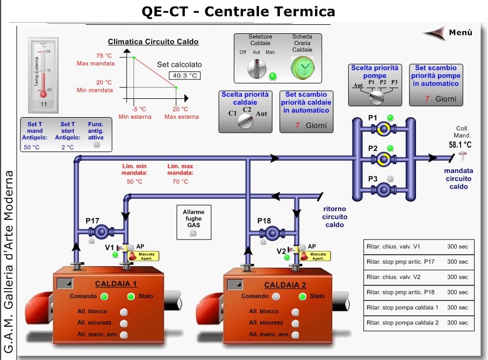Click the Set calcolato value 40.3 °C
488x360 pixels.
coord(184,75)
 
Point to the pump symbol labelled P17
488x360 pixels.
coord(100,232)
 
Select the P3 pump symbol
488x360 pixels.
coord(384,189)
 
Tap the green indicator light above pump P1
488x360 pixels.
coord(390,118)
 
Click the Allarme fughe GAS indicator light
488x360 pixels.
coord(193,233)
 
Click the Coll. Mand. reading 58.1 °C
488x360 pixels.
coord(460,145)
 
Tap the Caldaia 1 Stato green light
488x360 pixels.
coord(131,296)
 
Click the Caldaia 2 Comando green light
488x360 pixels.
coord(275,296)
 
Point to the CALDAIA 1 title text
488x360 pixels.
coord(116,284)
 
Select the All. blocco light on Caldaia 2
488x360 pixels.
coord(295,311)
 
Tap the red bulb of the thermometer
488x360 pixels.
coord(44,94)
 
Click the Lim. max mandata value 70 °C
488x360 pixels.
coord(180,182)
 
